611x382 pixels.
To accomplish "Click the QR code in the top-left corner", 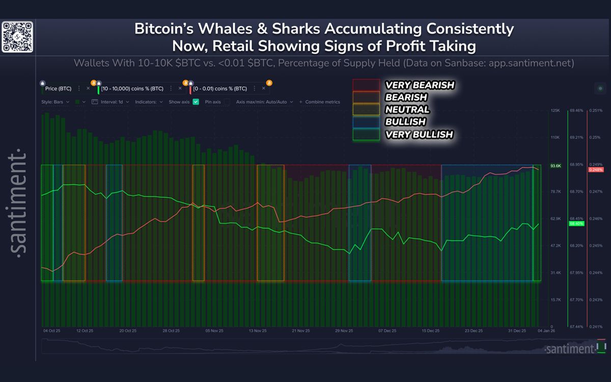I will [17, 37].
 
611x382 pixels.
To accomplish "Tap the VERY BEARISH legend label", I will [420, 85].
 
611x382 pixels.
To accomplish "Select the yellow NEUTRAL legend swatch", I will [366, 110].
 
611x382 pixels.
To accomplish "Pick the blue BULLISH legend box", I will [366, 122].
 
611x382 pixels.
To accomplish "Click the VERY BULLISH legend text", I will [419, 134].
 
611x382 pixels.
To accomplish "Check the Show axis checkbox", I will [196, 102].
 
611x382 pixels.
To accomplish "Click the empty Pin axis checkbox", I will [227, 102].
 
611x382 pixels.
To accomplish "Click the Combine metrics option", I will [322, 102].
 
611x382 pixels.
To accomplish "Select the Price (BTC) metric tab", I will [58, 88].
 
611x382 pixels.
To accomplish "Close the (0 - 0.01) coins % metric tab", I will [263, 88].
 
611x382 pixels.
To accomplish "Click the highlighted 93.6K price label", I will [555, 166].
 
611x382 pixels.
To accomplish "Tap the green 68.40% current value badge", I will [576, 224].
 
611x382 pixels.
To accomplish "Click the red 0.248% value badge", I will [595, 170].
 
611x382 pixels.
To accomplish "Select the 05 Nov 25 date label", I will [214, 331].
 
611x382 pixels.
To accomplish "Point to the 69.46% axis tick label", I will [576, 111].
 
